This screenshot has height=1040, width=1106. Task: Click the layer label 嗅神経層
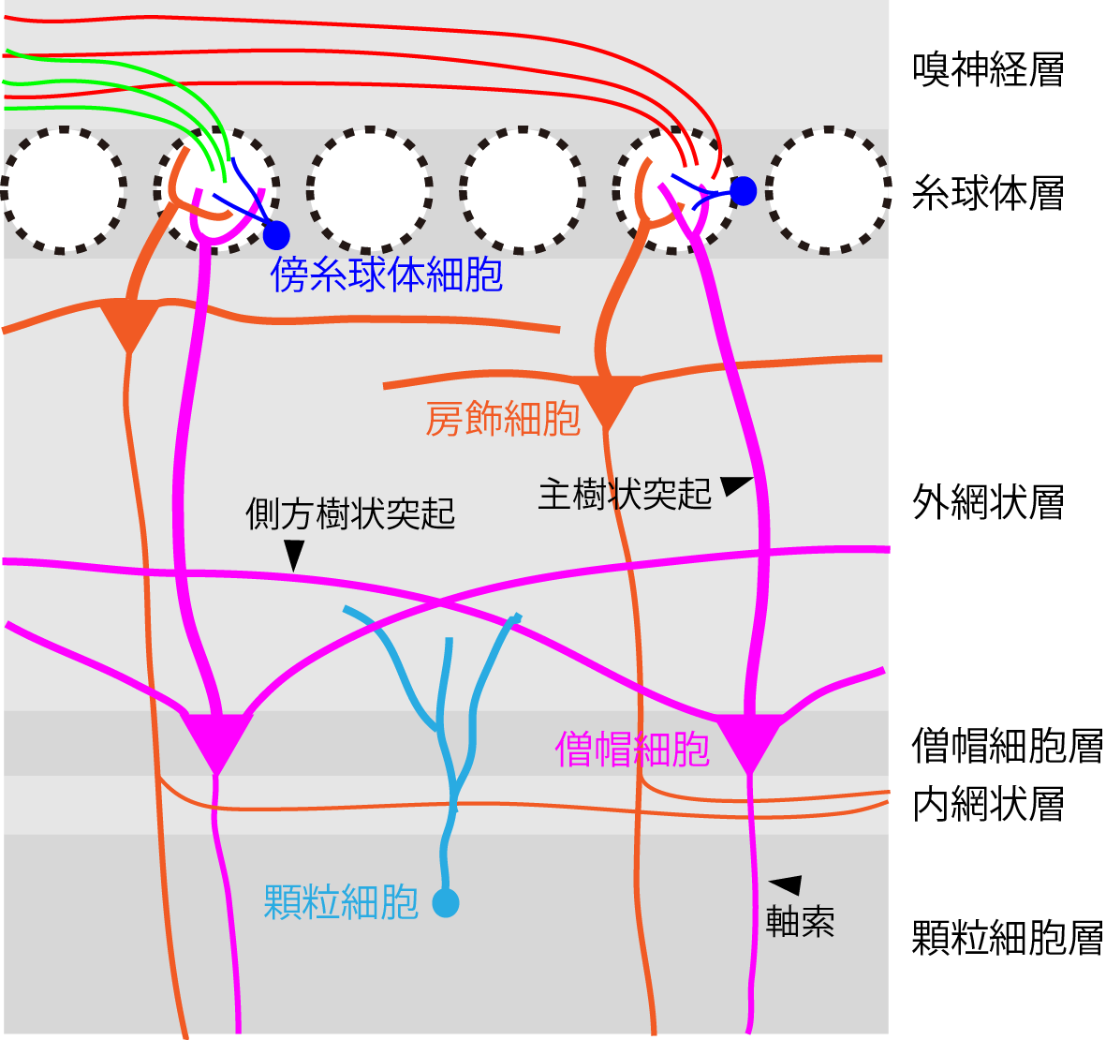pos(988,69)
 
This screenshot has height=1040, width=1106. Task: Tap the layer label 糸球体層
pos(988,193)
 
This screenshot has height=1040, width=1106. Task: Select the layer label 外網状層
pos(988,503)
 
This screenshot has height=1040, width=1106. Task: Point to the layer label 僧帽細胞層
pos(1007,746)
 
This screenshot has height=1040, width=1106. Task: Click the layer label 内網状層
pos(988,804)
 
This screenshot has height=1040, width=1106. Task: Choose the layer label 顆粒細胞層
pos(1007,938)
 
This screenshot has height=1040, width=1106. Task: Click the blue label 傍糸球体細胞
pos(387,275)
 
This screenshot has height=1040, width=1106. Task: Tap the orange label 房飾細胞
pos(503,419)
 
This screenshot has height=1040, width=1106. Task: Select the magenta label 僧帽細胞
pos(632,750)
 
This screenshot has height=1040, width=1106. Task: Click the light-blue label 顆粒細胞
pos(341,902)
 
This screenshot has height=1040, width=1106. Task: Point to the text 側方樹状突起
pos(350,513)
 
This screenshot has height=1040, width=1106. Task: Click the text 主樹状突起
pos(625,494)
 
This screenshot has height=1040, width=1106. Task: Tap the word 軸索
pos(799,921)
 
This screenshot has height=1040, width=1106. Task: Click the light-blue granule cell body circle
pos(446,903)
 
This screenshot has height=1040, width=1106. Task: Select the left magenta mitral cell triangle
pos(217,738)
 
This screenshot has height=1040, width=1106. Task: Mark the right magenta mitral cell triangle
pos(749,738)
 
